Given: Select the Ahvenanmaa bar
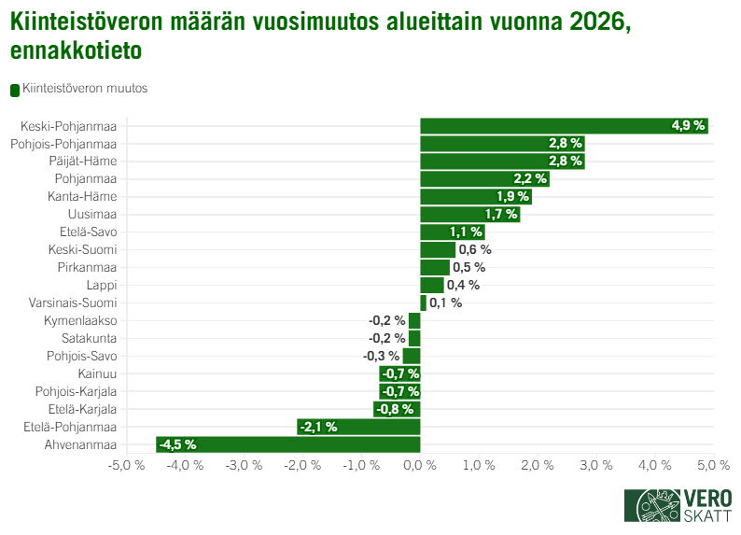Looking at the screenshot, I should [x=287, y=444].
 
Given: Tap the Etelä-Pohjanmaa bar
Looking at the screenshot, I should [x=358, y=427].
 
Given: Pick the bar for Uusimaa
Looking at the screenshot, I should [x=469, y=215].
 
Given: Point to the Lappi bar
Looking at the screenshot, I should [x=431, y=286].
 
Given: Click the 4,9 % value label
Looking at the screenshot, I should [x=688, y=126].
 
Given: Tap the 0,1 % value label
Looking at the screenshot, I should [x=446, y=303].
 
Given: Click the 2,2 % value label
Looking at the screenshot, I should [x=530, y=179].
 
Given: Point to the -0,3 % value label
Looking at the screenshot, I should [x=381, y=356].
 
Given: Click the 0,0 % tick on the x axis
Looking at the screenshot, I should [x=420, y=465].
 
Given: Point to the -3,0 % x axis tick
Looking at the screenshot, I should [x=244, y=465].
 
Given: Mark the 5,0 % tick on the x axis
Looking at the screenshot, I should [x=713, y=465].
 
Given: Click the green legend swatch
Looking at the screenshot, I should [x=15, y=90].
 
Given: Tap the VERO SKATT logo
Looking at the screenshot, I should [x=678, y=506].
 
